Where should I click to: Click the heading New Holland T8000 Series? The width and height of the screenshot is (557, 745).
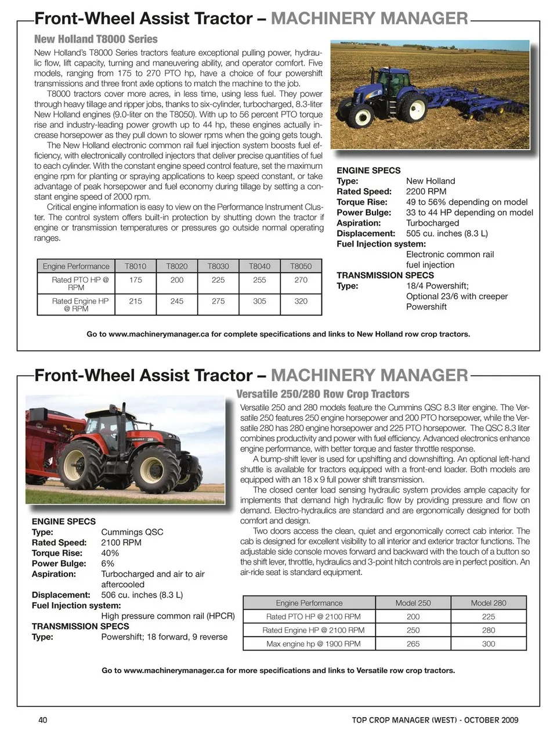click(96, 39)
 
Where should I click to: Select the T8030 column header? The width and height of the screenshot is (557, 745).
click(218, 266)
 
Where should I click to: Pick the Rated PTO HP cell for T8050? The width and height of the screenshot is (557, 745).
click(301, 280)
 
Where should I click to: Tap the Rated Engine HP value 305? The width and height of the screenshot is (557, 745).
click(259, 301)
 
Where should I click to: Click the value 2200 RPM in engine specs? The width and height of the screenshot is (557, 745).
click(426, 191)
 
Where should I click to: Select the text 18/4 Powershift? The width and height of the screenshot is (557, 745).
click(437, 286)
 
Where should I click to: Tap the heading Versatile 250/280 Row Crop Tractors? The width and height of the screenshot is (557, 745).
click(323, 394)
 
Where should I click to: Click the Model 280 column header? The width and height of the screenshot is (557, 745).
click(489, 603)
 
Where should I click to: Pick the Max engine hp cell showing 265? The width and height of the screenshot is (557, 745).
click(413, 643)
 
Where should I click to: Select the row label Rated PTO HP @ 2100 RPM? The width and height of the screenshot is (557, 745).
click(313, 617)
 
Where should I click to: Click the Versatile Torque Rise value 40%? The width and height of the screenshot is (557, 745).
click(110, 553)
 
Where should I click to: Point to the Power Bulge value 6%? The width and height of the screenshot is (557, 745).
click(107, 563)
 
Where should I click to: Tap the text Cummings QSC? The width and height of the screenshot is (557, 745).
click(132, 532)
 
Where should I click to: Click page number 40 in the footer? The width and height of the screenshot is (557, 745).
click(42, 720)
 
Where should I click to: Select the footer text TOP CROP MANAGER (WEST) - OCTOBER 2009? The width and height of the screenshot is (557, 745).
click(435, 720)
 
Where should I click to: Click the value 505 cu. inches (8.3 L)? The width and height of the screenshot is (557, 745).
click(447, 233)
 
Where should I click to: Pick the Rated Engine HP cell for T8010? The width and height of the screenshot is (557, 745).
click(135, 301)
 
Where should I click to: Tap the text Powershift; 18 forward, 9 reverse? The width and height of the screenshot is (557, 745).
click(164, 636)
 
